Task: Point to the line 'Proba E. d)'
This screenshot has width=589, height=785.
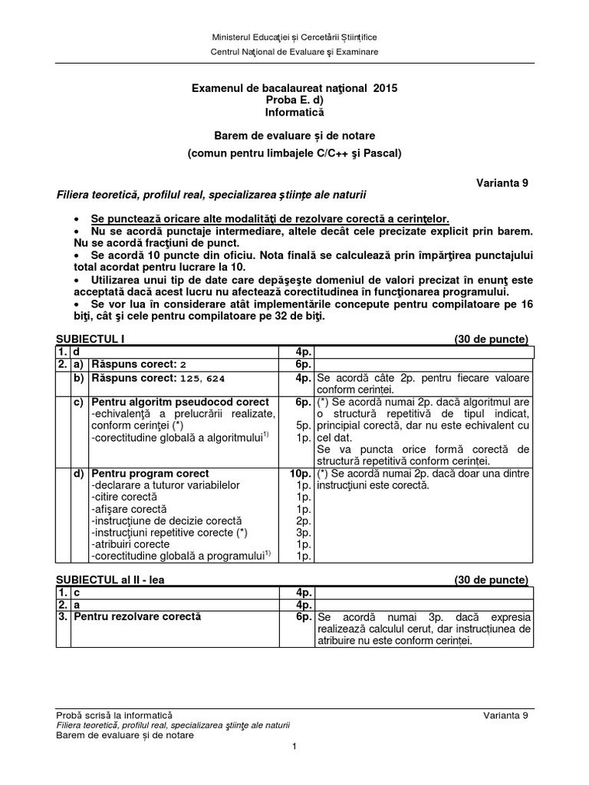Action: (x=294, y=101)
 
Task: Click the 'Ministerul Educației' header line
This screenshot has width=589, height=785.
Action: (x=294, y=37)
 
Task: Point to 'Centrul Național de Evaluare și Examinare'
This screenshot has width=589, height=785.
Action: (x=294, y=51)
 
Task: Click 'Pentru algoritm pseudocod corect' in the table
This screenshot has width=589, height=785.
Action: (x=179, y=402)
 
